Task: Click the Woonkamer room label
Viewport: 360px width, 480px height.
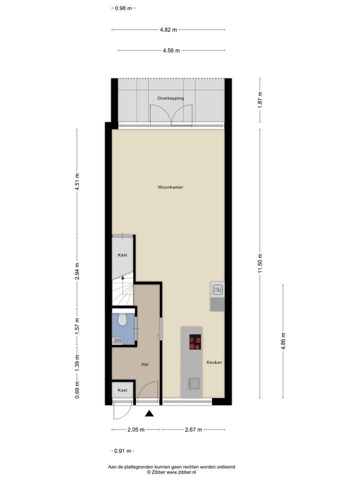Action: click(x=170, y=187)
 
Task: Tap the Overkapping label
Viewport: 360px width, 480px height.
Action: click(x=170, y=98)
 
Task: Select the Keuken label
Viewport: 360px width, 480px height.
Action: click(x=214, y=362)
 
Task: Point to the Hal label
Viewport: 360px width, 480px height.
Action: click(x=145, y=364)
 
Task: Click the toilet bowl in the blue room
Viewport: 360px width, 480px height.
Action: click(x=123, y=319)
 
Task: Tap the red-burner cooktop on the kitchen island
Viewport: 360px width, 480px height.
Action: click(x=195, y=342)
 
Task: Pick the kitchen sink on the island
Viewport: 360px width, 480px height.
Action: click(x=194, y=383)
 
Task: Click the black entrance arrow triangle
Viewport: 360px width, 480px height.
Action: click(x=149, y=413)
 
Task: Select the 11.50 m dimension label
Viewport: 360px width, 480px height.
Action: click(x=260, y=263)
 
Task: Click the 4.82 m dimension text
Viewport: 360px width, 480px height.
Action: click(x=168, y=29)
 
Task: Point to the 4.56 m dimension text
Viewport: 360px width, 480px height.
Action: click(x=171, y=50)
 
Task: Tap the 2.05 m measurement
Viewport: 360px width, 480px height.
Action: click(x=136, y=429)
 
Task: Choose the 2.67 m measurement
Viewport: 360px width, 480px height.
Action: click(x=193, y=429)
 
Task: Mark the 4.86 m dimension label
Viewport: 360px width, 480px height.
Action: click(x=283, y=341)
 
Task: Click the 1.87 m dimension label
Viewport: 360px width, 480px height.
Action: click(x=260, y=100)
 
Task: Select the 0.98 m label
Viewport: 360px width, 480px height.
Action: click(x=123, y=8)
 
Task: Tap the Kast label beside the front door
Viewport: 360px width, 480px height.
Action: click(x=122, y=390)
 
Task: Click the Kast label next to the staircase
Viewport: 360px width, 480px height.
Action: click(x=122, y=254)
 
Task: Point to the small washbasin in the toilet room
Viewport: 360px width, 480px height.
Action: click(x=117, y=340)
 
